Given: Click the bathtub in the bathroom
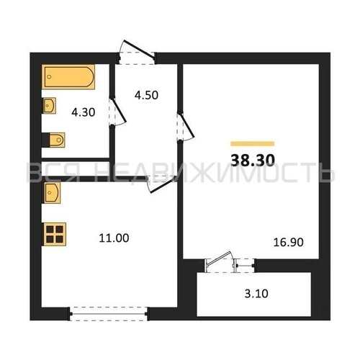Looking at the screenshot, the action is (68, 77).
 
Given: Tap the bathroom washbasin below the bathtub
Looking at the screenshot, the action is (50, 105).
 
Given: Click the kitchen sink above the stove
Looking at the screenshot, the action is (51, 193).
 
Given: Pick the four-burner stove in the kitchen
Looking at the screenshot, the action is (54, 234).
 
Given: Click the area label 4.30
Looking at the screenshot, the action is (84, 112).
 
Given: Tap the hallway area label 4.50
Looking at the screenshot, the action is (146, 95).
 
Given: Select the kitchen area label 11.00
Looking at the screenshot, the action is (114, 238).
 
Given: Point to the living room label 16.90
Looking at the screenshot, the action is (289, 242).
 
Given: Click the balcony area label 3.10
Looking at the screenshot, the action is (256, 294).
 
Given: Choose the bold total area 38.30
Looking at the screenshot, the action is (253, 160).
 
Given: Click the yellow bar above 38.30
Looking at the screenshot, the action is (253, 144).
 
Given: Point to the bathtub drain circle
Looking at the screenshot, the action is (49, 77).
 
